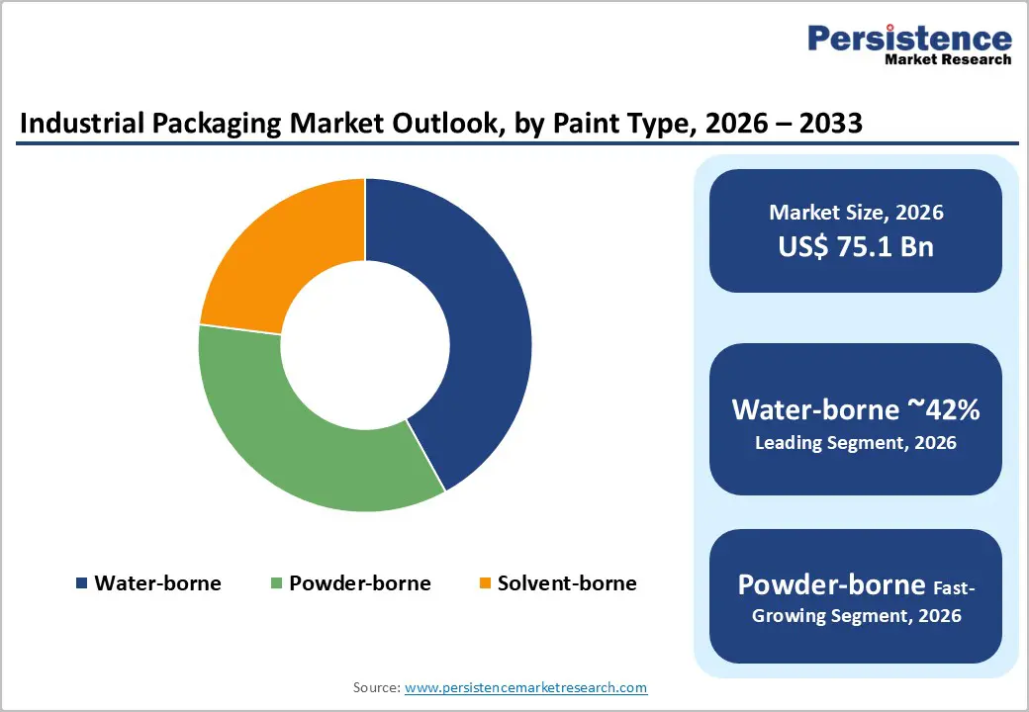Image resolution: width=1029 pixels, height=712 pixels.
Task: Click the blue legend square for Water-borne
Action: [81, 583]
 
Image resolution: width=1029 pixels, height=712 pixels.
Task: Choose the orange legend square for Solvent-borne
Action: [484, 583]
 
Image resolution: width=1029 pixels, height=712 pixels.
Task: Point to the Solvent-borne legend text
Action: [567, 583]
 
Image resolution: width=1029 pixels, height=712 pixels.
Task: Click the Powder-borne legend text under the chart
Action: [360, 583]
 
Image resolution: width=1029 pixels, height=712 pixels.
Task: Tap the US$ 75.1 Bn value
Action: [856, 246]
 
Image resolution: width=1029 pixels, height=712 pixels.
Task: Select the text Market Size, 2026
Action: [856, 213]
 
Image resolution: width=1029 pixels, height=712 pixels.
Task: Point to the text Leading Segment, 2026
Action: [856, 443]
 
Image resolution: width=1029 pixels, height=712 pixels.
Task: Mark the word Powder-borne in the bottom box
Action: [831, 584]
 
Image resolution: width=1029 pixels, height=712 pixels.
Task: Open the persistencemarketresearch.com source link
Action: [526, 687]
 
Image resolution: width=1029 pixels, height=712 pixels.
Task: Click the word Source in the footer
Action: [376, 687]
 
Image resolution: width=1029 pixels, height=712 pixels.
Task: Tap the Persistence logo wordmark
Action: [910, 39]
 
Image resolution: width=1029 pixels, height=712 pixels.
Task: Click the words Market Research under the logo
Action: [948, 59]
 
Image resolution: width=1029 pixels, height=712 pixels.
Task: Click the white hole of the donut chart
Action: [364, 344]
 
